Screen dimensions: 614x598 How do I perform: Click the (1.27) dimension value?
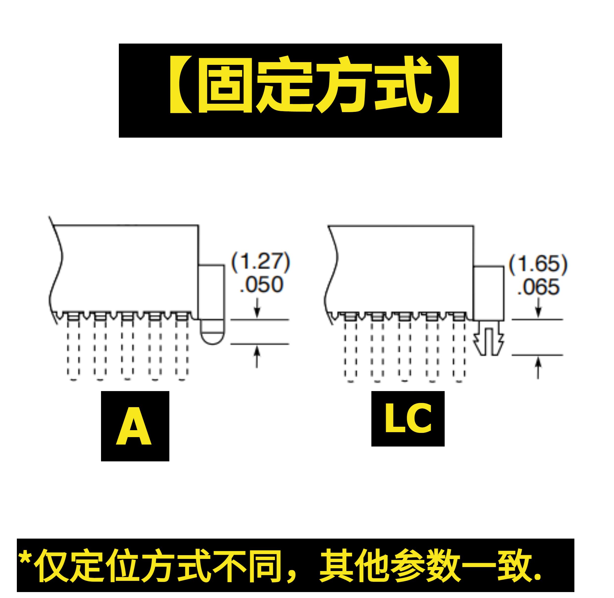click(260, 262)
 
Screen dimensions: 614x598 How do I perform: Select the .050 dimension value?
click(261, 285)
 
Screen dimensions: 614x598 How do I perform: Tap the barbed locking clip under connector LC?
click(489, 338)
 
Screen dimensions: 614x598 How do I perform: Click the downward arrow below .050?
click(257, 308)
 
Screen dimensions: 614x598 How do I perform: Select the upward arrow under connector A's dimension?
click(257, 356)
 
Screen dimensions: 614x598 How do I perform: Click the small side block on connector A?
click(211, 292)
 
